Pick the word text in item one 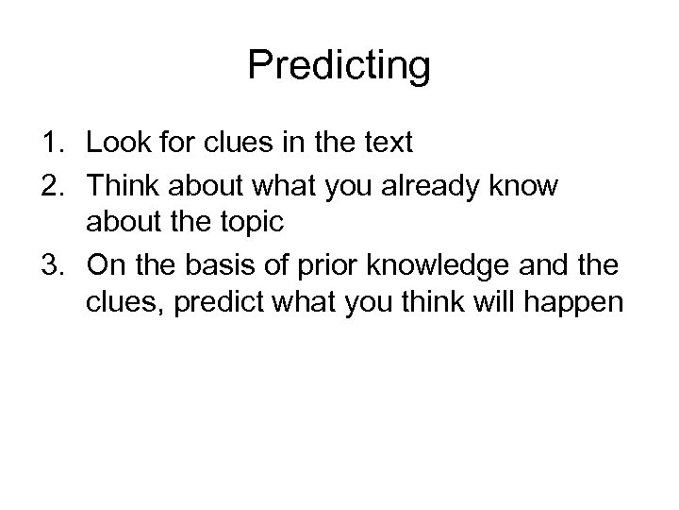tap(386, 144)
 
